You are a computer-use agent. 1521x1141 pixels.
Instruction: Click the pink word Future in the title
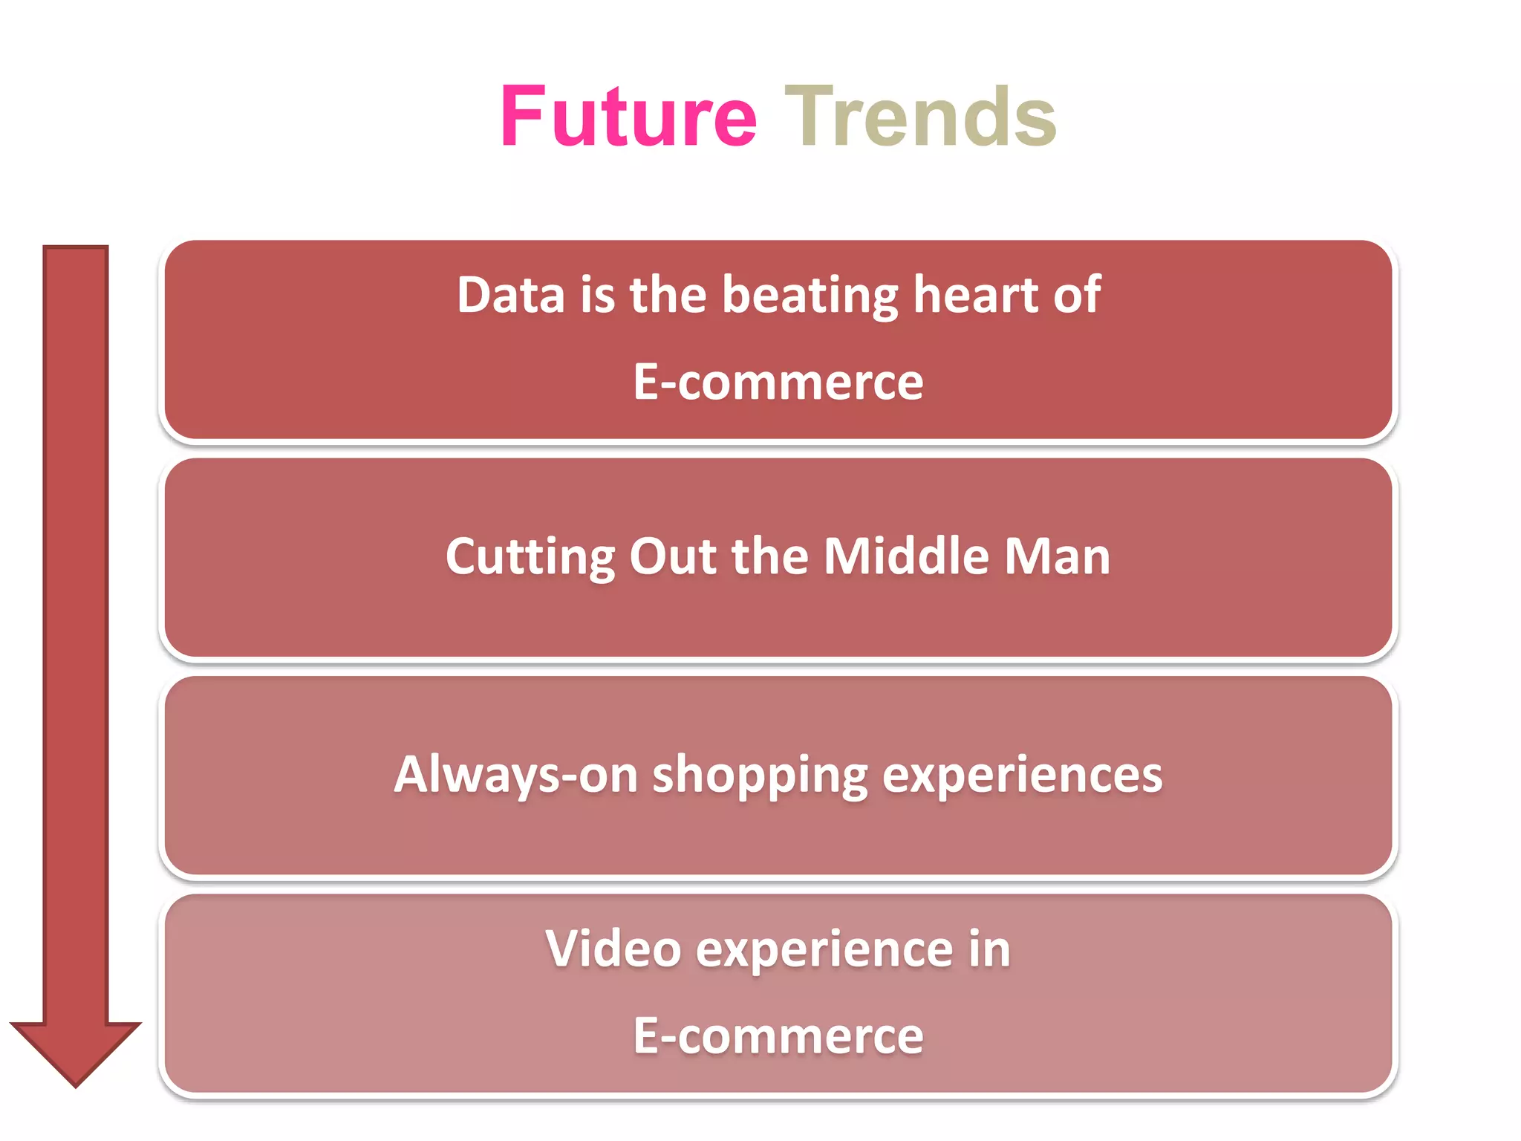[628, 117]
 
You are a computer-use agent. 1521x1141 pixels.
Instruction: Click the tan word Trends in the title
[920, 117]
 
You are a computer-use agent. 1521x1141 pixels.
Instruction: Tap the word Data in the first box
[510, 295]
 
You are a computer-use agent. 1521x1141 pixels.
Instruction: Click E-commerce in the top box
[778, 382]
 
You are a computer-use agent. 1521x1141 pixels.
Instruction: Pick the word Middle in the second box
[906, 556]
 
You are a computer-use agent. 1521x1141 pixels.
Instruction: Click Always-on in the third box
[515, 775]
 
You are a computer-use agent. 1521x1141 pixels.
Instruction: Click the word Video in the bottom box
[613, 949]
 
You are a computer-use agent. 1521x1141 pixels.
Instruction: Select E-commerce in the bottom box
[778, 1036]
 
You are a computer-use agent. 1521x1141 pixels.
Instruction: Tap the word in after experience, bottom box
[989, 949]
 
